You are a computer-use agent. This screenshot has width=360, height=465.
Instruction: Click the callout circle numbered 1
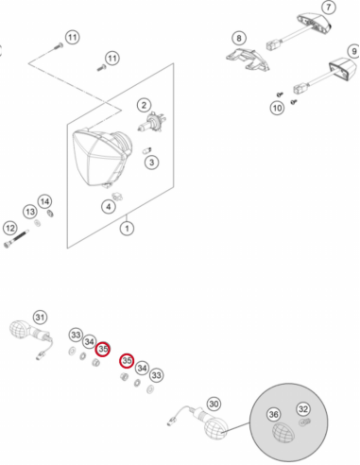pyautogui.click(x=127, y=228)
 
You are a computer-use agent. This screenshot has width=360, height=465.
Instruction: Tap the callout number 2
pyautogui.click(x=144, y=105)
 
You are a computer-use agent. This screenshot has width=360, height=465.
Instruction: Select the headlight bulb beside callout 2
pyautogui.click(x=152, y=122)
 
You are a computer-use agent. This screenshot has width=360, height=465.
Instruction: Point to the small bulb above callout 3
pyautogui.click(x=147, y=150)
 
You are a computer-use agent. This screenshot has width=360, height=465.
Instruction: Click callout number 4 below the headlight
pyautogui.click(x=109, y=207)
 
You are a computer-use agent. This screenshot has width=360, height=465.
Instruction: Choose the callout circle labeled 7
pyautogui.click(x=329, y=7)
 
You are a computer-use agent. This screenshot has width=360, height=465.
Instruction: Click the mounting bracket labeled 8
pyautogui.click(x=248, y=60)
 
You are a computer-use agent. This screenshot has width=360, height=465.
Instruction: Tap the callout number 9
pyautogui.click(x=354, y=51)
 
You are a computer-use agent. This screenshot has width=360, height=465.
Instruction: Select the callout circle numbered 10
pyautogui.click(x=277, y=108)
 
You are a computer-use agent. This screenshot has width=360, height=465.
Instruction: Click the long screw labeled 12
pyautogui.click(x=16, y=239)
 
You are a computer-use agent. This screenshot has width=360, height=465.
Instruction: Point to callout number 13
pyautogui.click(x=30, y=212)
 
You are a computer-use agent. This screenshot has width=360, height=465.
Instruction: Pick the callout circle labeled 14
pyautogui.click(x=44, y=201)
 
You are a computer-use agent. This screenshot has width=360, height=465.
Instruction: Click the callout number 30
pyautogui.click(x=214, y=404)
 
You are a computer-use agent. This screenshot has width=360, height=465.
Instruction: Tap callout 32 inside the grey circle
pyautogui.click(x=303, y=409)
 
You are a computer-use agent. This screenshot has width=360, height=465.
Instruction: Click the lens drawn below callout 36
pyautogui.click(x=283, y=434)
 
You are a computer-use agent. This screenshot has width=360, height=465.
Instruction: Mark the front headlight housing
pyautogui.click(x=101, y=157)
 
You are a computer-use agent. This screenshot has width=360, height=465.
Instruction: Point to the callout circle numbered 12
pyautogui.click(x=10, y=228)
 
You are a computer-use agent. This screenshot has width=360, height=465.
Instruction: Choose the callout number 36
pyautogui.click(x=273, y=414)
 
